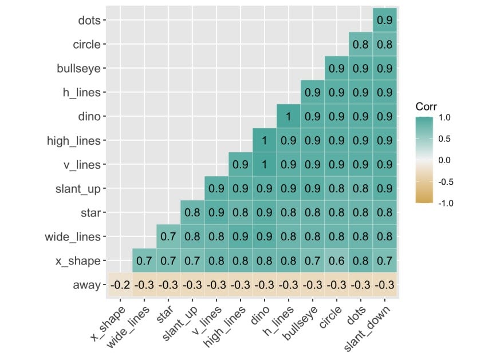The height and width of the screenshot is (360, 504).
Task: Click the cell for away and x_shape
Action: tap(120, 285)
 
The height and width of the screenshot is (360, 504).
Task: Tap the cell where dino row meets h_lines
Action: tap(289, 117)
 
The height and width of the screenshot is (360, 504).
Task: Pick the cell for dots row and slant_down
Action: tap(384, 21)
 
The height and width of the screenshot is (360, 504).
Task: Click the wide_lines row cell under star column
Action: tap(168, 237)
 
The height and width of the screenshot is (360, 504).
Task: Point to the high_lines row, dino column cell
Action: tap(265, 141)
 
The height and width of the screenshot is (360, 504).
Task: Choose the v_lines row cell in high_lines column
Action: tap(241, 165)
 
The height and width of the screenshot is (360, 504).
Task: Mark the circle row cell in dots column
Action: tap(360, 45)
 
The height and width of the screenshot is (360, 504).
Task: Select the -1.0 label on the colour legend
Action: tap(444, 203)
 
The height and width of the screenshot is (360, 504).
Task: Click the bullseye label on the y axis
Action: tap(79, 69)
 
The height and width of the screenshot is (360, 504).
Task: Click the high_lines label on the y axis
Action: tap(74, 141)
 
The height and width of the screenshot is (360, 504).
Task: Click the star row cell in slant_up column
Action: tap(192, 213)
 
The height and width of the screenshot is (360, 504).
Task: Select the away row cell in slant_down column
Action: tap(384, 285)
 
